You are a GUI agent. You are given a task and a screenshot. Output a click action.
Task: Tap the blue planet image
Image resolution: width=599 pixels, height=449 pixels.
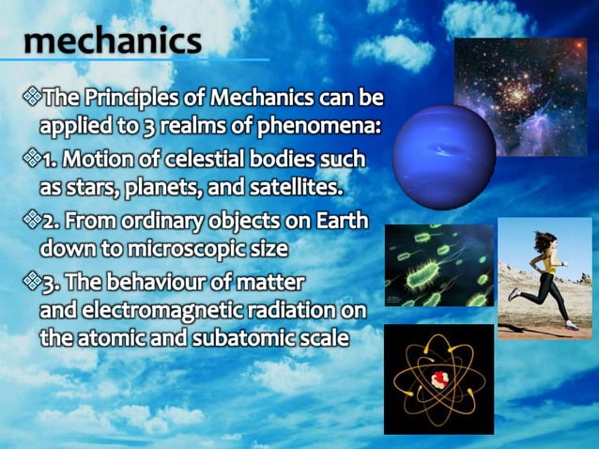430,150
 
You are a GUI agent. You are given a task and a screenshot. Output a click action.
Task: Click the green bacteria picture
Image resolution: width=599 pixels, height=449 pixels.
438,265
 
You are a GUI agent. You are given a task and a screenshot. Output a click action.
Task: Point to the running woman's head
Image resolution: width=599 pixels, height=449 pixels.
542,240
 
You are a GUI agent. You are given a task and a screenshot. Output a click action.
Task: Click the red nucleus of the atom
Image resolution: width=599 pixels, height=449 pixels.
437,379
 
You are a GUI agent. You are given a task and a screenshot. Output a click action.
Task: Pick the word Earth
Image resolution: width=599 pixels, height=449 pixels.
340,224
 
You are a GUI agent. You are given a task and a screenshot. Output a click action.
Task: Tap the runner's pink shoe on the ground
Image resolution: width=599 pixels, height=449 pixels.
573,324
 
